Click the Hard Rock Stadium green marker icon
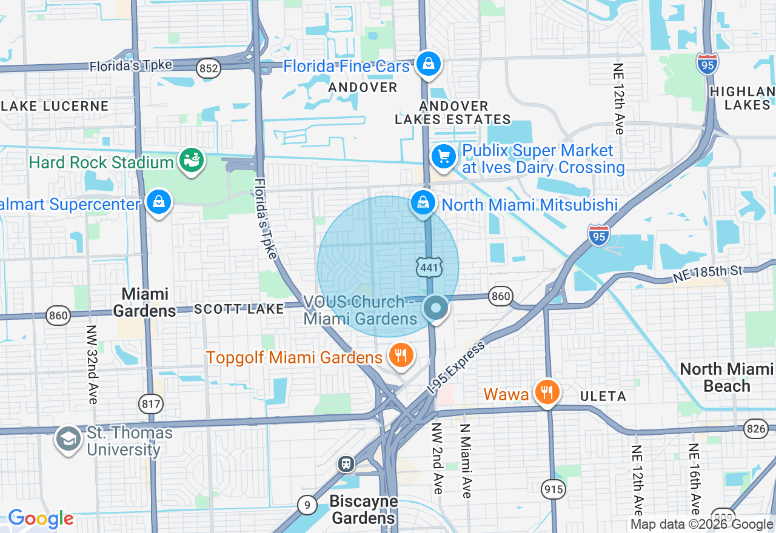tap(192, 161)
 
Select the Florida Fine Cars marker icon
tap(429, 64)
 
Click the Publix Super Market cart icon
tap(444, 157)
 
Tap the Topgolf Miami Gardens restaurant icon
tap(400, 356)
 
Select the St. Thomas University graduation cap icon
tap(68, 440)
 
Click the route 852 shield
tap(208, 68)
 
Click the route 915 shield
tap(554, 489)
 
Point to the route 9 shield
tap(307, 504)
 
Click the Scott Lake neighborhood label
tap(239, 310)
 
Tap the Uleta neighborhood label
tap(603, 396)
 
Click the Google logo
tap(41, 519)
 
